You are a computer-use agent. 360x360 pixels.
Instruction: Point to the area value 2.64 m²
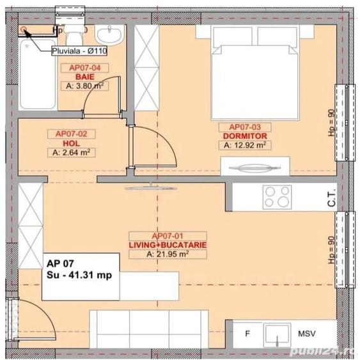pyautogui.click(x=71, y=152)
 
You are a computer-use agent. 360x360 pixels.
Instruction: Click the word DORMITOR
pyautogui.click(x=245, y=136)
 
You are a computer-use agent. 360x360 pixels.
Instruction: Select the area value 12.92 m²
pyautogui.click(x=245, y=146)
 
